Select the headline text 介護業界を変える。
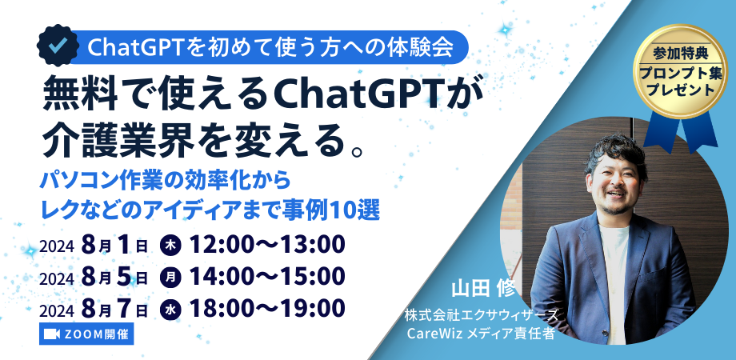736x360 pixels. (x=204, y=138)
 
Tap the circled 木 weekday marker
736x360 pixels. (x=169, y=244)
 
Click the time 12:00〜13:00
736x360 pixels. (x=265, y=243)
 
